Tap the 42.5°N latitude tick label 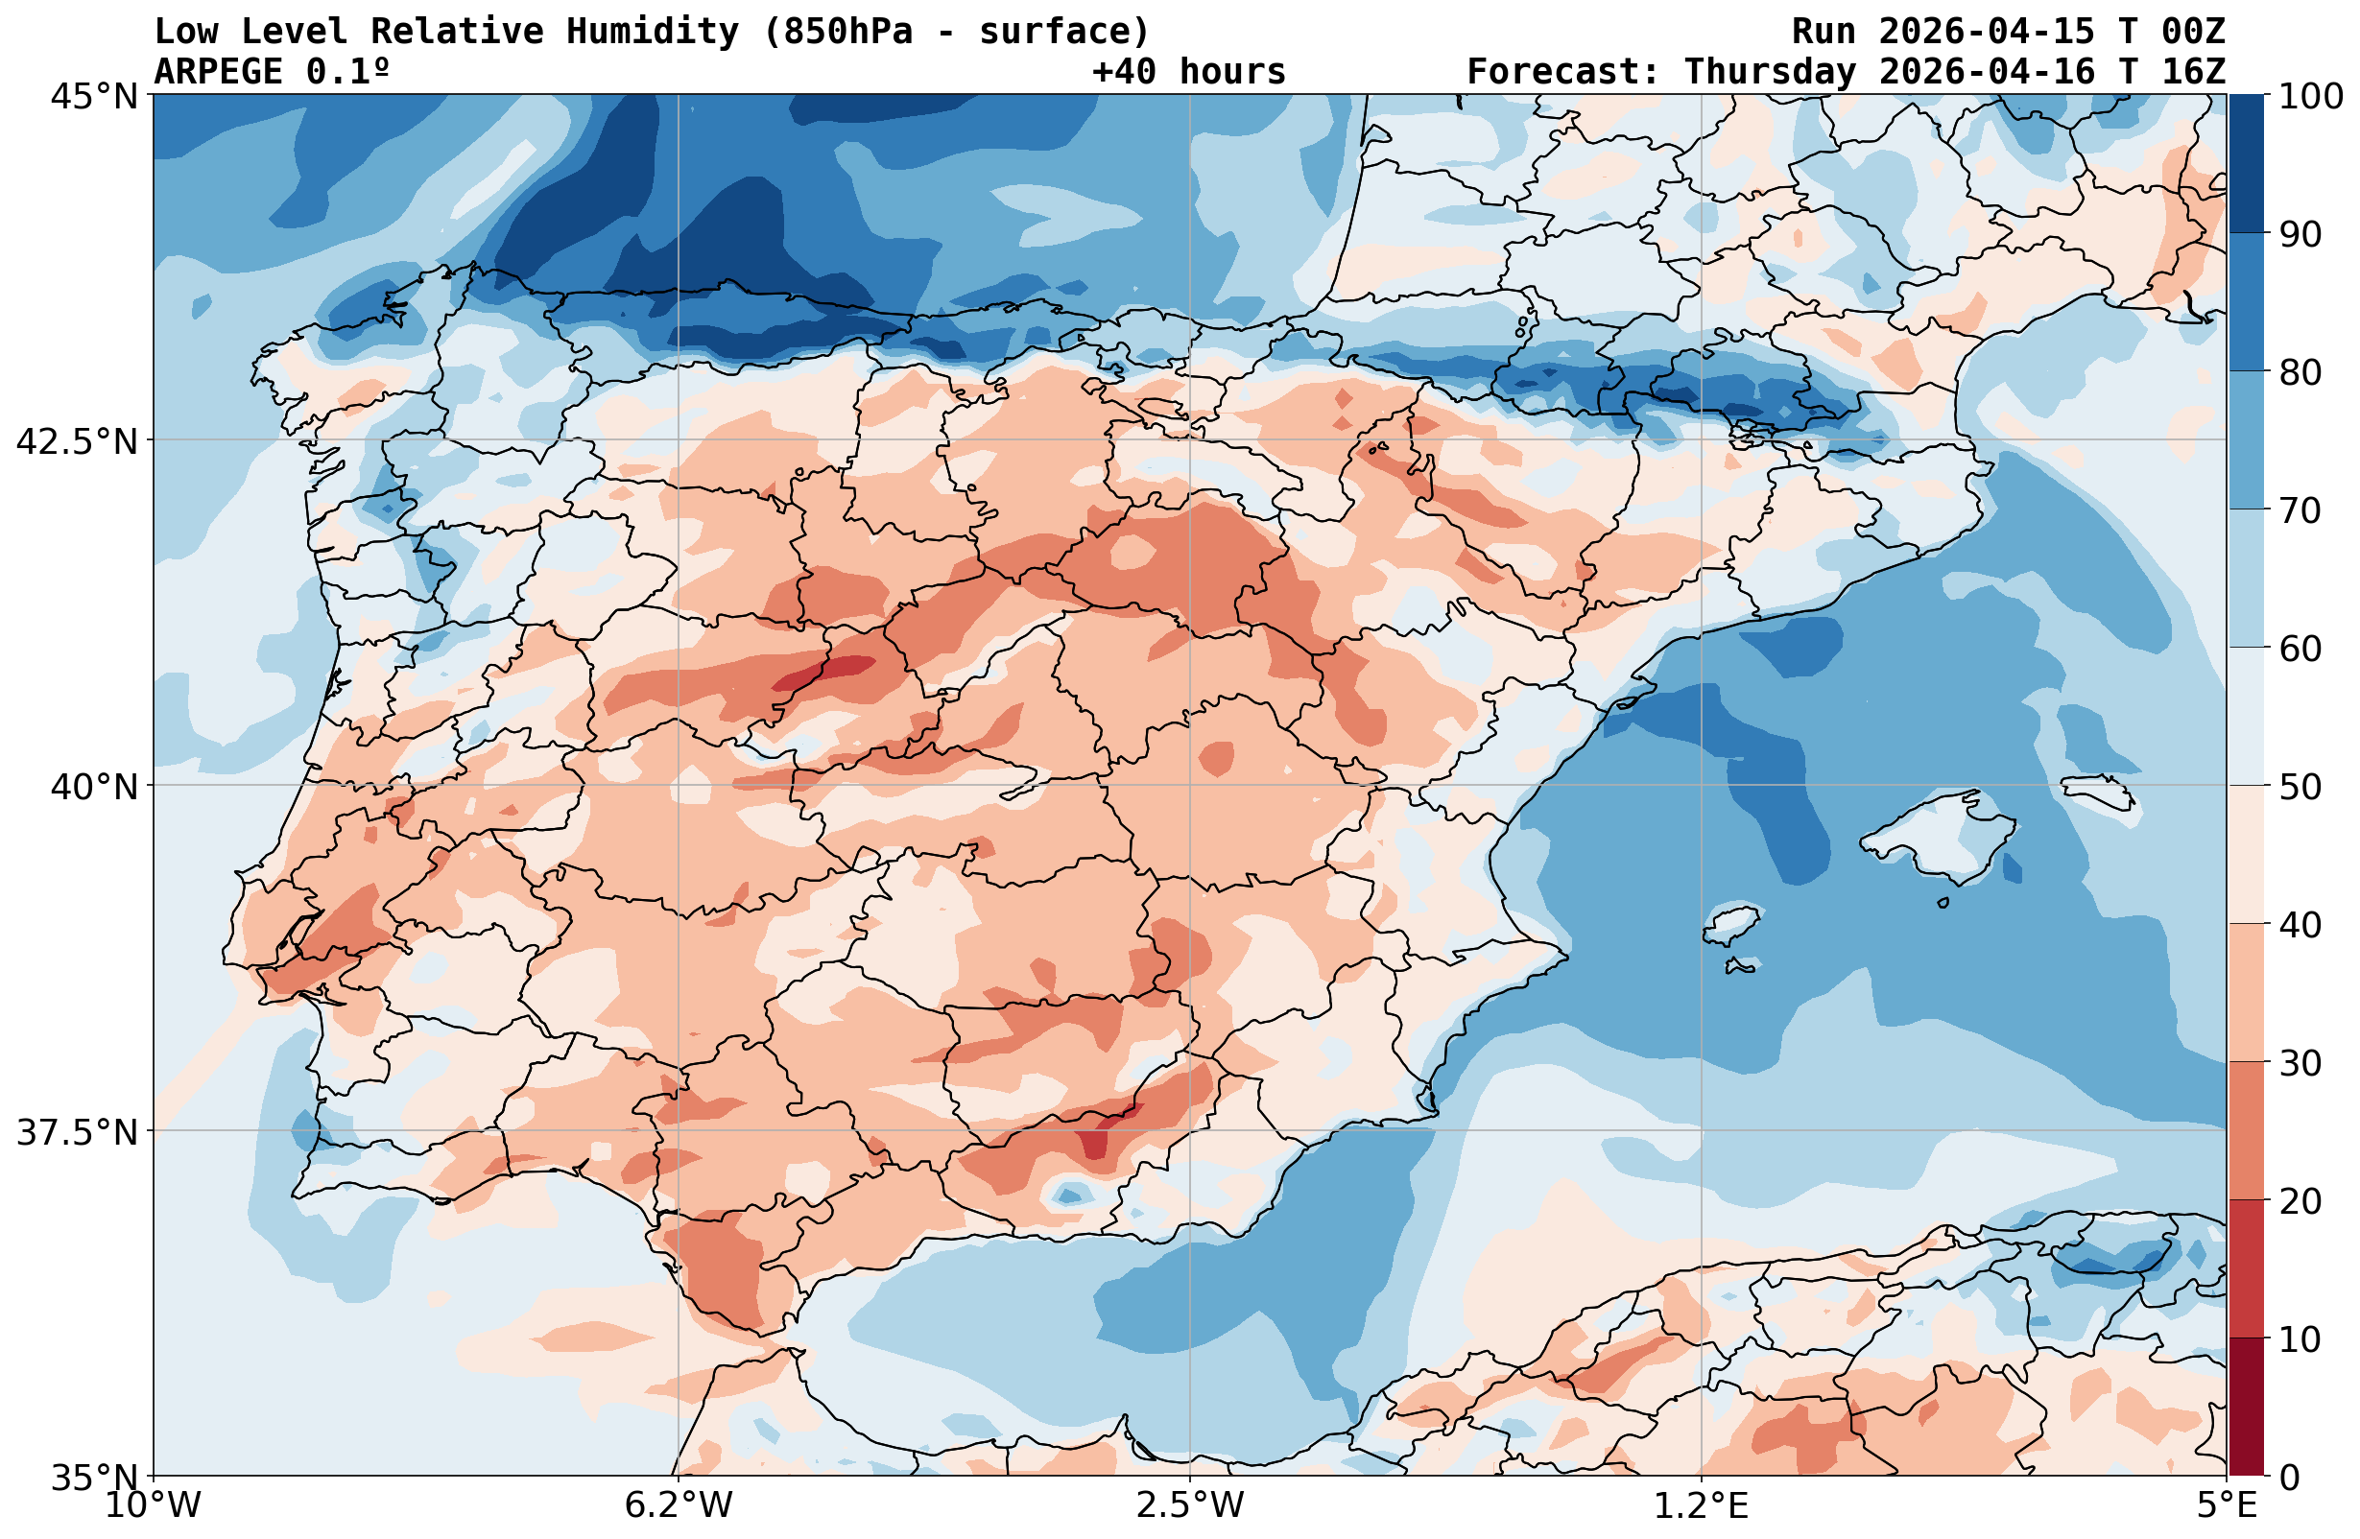point(78,441)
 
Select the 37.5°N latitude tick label point(78,1131)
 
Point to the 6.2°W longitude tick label point(679,1505)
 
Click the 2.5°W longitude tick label point(1190,1505)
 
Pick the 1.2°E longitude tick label point(1702,1505)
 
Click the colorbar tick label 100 point(2310,96)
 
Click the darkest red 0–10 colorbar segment point(2246,1408)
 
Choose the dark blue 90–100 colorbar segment point(2246,164)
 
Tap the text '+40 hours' point(1188,71)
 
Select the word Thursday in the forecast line point(1770,71)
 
